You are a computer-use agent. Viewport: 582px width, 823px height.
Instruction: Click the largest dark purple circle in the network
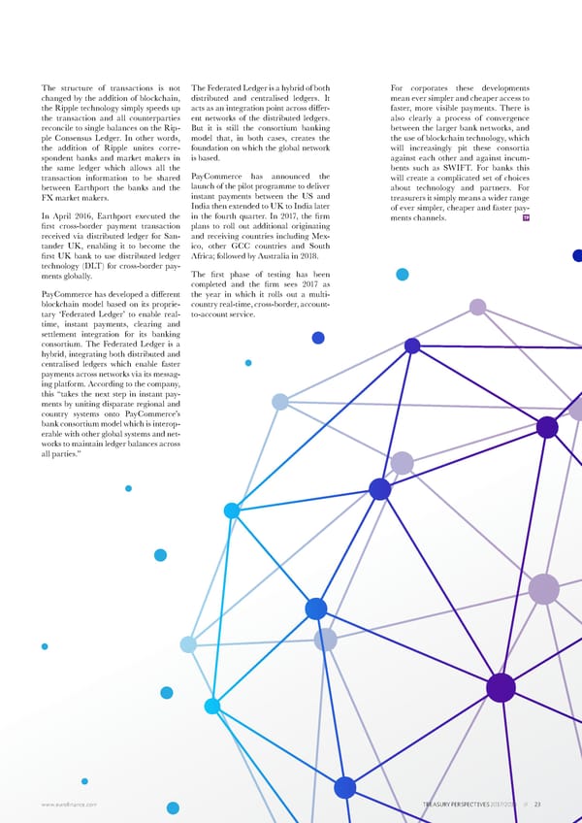tap(501, 687)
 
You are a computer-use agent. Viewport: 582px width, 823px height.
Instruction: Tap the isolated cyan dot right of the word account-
tap(402, 275)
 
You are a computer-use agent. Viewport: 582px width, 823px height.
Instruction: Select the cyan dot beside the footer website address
tap(172, 807)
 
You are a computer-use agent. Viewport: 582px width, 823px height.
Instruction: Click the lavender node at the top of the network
tap(477, 307)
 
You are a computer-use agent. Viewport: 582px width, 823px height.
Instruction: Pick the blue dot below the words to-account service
tap(317, 338)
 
